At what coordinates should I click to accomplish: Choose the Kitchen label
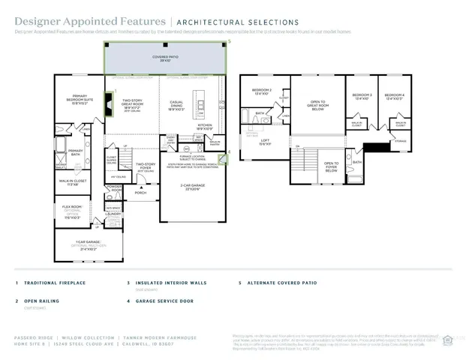pos(204,127)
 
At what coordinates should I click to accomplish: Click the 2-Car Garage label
pos(194,186)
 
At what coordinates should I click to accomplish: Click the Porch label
pos(140,193)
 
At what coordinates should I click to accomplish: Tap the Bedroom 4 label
pos(394,96)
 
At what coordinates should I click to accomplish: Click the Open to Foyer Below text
pos(331,166)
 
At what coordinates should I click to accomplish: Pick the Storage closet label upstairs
pos(400,141)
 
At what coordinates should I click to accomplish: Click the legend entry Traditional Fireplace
pos(55,283)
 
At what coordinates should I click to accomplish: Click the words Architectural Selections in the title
pos(237,23)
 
